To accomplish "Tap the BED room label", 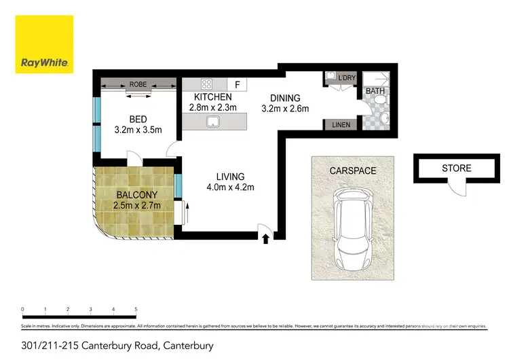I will tap(138, 120).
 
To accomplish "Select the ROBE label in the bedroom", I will tap(138, 84).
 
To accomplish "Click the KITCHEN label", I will tap(212, 97).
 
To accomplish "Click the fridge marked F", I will tap(238, 85).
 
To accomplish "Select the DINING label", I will tap(286, 97).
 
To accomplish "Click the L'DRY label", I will tap(347, 78).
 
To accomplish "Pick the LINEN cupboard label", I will tap(341, 125).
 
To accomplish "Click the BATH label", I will tap(375, 90).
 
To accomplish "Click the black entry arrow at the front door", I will tap(265, 238).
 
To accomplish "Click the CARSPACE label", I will tap(353, 170).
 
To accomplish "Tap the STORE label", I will tap(456, 168).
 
